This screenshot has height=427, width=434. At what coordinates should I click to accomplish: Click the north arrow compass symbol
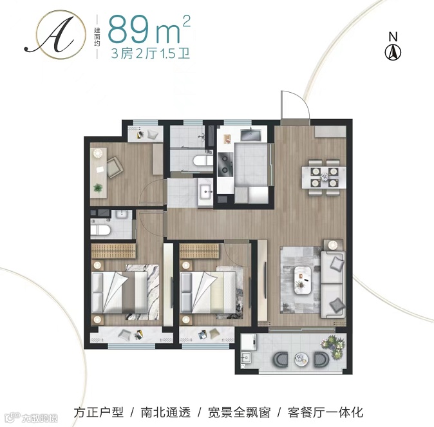(393, 52)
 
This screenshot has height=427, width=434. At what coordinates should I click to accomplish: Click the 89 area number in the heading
(129, 29)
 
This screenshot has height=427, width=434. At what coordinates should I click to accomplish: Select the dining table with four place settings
(324, 177)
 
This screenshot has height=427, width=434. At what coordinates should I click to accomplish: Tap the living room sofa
(333, 285)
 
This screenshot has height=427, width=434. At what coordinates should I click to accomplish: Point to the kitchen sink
(250, 135)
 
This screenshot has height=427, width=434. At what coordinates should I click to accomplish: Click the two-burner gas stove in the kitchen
(225, 164)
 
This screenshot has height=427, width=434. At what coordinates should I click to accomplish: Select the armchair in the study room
(115, 167)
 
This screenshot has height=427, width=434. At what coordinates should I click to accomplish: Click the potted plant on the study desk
(98, 188)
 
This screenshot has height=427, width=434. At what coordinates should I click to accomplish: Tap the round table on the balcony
(301, 359)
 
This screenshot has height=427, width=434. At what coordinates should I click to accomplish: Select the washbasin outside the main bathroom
(205, 191)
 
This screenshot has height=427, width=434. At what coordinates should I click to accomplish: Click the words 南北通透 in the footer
(165, 412)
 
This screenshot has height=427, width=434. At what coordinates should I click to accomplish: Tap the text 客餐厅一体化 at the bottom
(325, 412)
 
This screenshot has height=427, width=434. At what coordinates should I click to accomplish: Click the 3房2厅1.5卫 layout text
(150, 53)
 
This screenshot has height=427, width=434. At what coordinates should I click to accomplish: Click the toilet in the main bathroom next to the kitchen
(203, 160)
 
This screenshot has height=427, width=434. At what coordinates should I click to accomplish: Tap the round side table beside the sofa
(333, 245)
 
